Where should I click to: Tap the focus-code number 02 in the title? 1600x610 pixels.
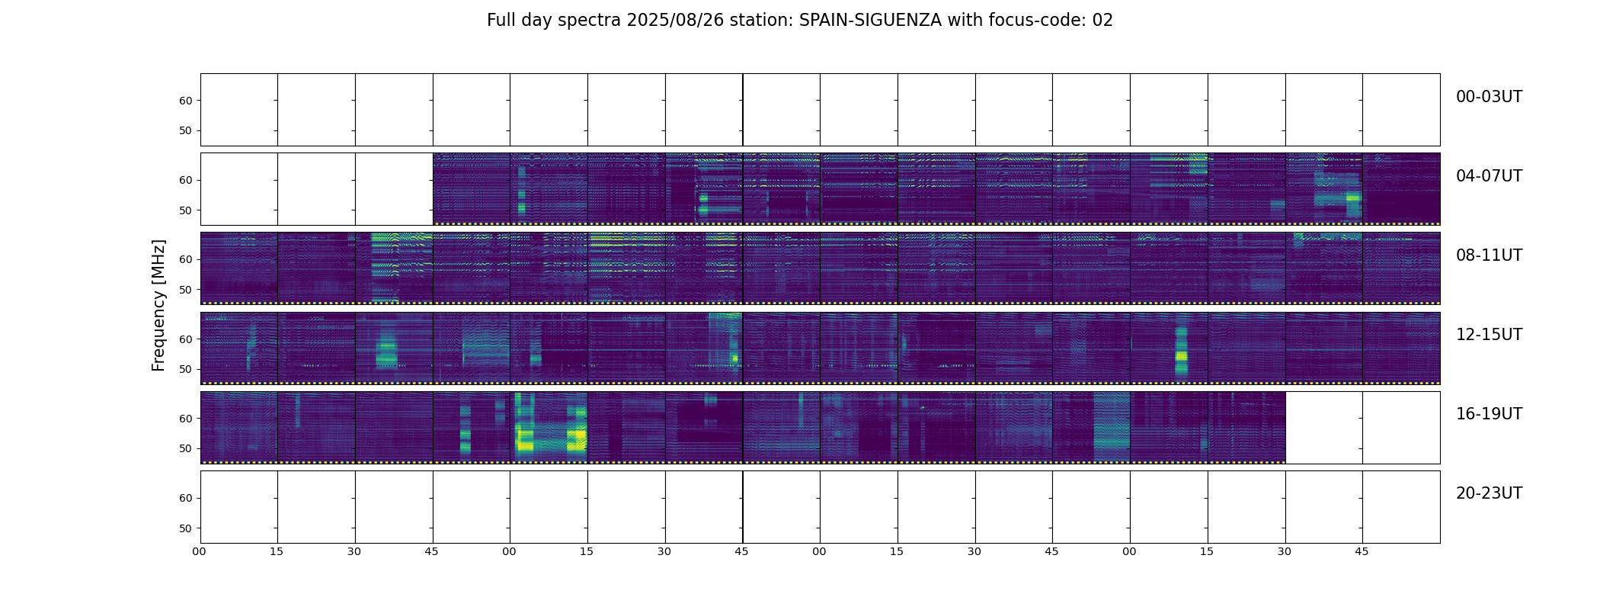click(x=1102, y=21)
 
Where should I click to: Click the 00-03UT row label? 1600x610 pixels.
click(x=1489, y=97)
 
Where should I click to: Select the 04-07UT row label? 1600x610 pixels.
click(x=1489, y=176)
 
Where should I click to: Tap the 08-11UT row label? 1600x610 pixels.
click(x=1489, y=255)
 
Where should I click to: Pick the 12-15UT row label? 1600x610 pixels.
click(x=1489, y=335)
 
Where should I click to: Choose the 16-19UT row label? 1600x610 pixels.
click(x=1489, y=414)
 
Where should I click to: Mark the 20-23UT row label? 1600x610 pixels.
click(x=1489, y=493)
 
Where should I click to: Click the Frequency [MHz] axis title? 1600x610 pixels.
click(x=158, y=305)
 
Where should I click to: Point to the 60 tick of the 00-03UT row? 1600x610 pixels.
click(x=185, y=101)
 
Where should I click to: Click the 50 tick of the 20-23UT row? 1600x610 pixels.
click(x=185, y=528)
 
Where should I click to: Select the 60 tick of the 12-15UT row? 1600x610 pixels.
click(x=185, y=339)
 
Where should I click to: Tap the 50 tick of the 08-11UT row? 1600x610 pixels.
click(x=185, y=290)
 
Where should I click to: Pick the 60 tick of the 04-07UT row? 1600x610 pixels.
click(x=185, y=181)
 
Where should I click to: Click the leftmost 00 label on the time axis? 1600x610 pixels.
click(x=200, y=551)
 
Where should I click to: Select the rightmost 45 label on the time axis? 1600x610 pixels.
click(x=1362, y=551)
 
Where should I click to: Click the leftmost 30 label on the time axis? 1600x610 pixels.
click(x=354, y=551)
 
